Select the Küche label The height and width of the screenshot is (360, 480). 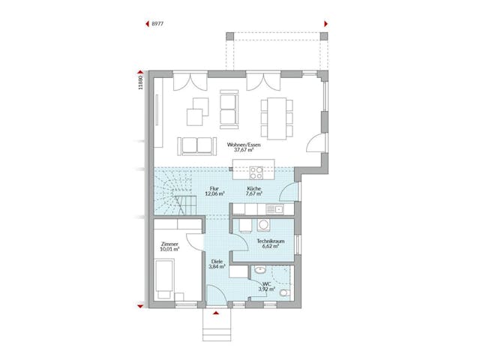[x=254, y=188]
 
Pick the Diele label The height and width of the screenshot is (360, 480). [x=216, y=261]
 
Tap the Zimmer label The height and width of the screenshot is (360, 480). [x=169, y=244]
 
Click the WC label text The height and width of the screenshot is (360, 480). [x=267, y=283]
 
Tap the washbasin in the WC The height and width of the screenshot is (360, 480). [x=259, y=270]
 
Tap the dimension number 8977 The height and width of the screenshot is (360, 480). [x=157, y=24]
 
